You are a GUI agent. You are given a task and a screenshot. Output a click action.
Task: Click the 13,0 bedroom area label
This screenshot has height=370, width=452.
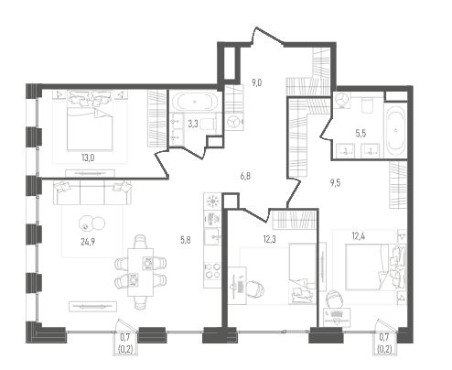tap(88, 158)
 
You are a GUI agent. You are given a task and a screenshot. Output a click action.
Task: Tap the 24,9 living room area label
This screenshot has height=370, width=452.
tap(88, 242)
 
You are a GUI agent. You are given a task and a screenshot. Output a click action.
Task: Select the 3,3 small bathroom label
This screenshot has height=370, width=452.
tap(193, 124)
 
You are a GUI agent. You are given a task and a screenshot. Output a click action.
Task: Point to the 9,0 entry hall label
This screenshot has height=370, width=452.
tap(257, 82)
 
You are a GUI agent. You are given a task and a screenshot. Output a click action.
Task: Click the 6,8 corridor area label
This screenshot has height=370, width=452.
tap(245, 176)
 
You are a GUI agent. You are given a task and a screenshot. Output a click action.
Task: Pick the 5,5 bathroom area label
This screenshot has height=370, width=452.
tap(361, 134)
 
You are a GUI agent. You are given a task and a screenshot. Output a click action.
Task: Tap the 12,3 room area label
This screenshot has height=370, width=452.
tap(269, 239)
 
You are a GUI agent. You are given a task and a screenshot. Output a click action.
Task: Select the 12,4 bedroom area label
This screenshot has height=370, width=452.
tap(359, 235)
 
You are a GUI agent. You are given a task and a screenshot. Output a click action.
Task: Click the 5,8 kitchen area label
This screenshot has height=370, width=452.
tap(186, 240)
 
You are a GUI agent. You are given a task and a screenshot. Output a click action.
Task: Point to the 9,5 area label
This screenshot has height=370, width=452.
tap(335, 183)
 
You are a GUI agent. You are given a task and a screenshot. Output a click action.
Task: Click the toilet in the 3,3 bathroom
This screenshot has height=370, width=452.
tap(209, 125)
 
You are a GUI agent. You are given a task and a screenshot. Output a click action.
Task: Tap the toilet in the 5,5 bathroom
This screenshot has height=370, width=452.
tap(365, 104)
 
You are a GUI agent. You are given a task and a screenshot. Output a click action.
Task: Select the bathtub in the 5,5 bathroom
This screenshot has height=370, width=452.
tap(395, 130)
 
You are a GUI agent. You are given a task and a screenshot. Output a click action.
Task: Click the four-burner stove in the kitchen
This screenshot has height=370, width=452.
tap(212, 270)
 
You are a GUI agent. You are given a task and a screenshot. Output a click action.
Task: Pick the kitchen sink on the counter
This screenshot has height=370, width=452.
tap(212, 237)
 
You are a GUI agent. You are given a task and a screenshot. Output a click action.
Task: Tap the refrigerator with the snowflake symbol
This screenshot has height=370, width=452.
tap(211, 201)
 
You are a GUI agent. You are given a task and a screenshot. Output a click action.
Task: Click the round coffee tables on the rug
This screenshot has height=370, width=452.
tap(91, 223)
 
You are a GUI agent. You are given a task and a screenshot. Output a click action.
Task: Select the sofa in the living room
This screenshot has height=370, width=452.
tap(92, 192)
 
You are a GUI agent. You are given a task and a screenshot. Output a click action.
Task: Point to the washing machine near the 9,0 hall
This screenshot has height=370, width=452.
tap(234, 122)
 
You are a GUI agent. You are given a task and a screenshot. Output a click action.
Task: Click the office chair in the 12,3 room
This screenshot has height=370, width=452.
tap(255, 288)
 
